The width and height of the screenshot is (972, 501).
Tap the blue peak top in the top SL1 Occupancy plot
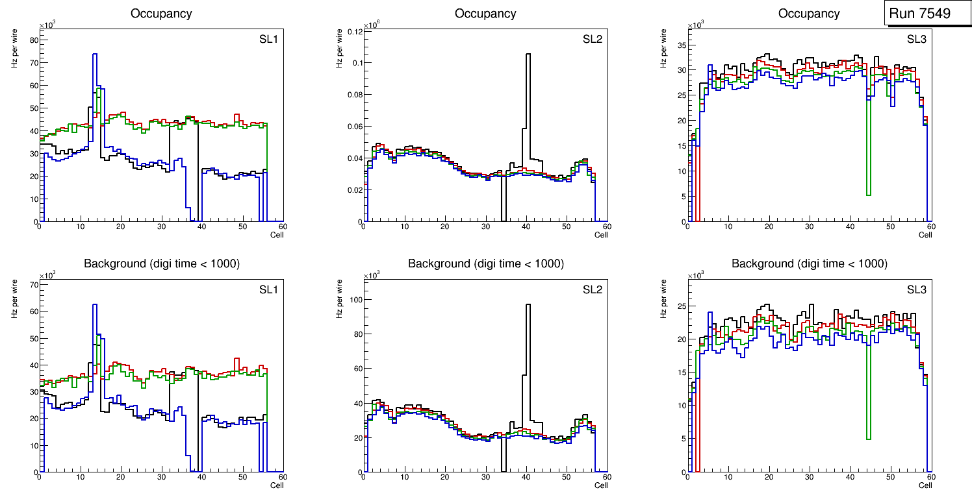click(95, 55)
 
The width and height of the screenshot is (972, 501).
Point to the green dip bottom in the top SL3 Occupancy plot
click(868, 194)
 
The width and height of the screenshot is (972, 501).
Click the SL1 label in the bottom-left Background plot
click(268, 289)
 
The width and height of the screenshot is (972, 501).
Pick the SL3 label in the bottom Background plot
click(917, 289)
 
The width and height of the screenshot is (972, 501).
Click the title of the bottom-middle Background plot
click(485, 263)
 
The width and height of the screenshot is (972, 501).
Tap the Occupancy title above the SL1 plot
click(161, 14)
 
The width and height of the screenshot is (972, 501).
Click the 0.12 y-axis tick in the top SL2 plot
click(352, 31)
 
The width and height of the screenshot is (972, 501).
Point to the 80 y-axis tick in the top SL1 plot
click(34, 40)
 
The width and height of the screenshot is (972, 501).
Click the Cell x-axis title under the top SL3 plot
click(925, 235)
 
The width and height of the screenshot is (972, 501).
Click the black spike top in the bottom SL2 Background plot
click(528, 305)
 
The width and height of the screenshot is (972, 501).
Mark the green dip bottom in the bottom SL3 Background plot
click(868, 439)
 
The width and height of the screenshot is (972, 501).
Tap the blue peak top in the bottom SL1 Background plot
click(95, 304)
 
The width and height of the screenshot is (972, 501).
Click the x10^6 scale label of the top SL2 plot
click(370, 25)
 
